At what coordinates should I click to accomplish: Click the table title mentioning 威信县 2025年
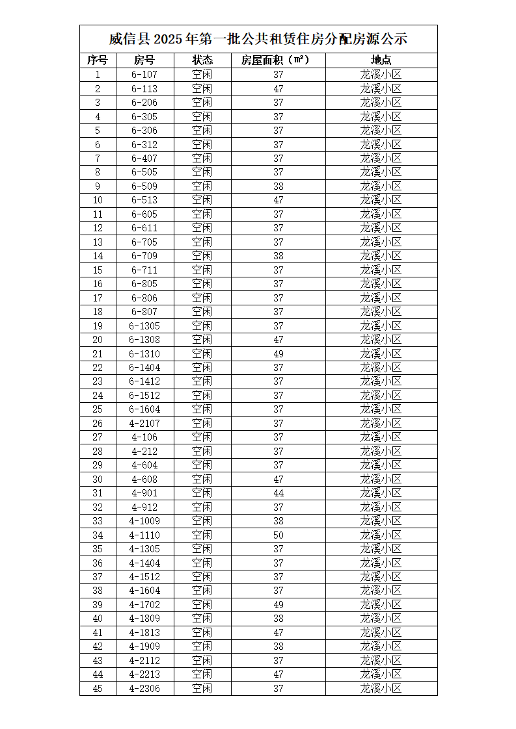coord(258,39)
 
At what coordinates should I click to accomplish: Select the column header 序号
coord(98,60)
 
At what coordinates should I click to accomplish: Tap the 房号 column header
coord(144,60)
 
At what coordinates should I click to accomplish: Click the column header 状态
coord(202,60)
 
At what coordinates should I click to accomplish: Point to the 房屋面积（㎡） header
coord(278,60)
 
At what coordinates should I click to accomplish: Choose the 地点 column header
coord(381,60)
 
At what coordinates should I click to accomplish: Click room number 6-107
coord(144,75)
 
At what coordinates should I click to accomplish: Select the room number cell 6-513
coord(144,200)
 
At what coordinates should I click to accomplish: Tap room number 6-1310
coord(144,353)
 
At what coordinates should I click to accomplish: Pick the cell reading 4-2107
coord(144,423)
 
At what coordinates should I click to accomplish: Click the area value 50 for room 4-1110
coord(278,535)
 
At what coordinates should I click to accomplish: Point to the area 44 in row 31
coord(278,493)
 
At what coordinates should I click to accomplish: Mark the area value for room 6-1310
coord(278,353)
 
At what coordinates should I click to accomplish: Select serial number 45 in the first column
coord(98,688)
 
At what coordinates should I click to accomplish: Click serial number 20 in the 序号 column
coord(98,339)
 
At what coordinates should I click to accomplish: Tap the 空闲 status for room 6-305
coord(202,116)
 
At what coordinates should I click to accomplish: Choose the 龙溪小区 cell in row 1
coord(381,75)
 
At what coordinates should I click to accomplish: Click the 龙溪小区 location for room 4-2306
coord(381,688)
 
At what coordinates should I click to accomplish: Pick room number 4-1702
coord(144,604)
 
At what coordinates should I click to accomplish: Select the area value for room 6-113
coord(278,88)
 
